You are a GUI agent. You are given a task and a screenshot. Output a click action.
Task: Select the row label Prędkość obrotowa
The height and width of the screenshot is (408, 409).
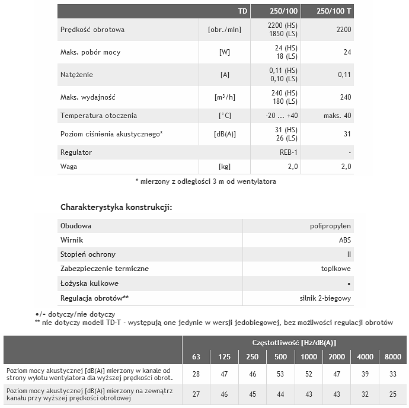point(92,30)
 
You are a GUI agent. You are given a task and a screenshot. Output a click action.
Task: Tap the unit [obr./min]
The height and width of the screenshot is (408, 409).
point(225,30)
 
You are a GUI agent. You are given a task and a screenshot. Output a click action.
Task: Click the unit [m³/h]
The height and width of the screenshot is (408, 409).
point(225,97)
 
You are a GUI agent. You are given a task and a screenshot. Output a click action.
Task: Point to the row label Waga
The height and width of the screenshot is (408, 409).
point(69,167)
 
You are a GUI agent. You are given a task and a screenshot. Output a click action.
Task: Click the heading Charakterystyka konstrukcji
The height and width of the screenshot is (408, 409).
point(116,208)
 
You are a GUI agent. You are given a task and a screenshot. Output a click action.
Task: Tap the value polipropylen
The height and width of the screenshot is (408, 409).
point(330,226)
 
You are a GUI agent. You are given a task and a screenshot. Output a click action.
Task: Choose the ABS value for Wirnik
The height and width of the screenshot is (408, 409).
point(344,240)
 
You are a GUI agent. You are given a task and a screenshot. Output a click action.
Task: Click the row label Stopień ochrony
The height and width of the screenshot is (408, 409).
point(88,254)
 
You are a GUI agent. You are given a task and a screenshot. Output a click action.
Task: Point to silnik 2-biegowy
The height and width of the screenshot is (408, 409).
point(325,298)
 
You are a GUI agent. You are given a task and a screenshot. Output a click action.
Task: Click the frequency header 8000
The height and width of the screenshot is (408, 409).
point(392,356)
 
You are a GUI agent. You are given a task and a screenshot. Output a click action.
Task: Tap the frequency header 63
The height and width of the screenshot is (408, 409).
point(196,356)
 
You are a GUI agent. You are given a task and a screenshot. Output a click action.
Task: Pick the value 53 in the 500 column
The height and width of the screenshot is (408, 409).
point(281,374)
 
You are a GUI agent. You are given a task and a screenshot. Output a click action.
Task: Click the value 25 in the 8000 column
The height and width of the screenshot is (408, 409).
point(392,394)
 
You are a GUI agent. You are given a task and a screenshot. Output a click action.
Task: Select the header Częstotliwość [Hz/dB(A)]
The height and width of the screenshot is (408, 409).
point(295,343)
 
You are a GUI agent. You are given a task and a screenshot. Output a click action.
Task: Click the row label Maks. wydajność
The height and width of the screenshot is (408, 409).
point(88,97)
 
